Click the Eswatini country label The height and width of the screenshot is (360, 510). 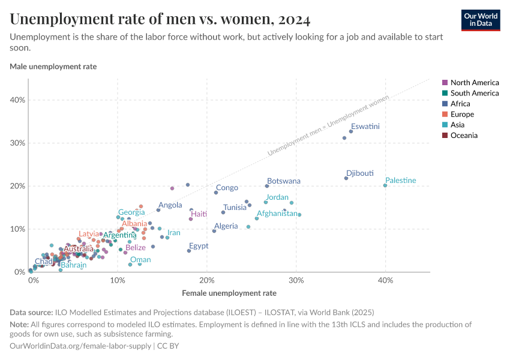(x=365, y=127)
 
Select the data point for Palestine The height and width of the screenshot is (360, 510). (x=385, y=185)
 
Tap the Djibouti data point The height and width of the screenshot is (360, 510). (x=346, y=178)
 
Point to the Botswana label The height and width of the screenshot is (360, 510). (x=284, y=181)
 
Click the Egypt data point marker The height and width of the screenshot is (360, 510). (x=189, y=251)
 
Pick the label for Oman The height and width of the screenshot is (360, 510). (x=140, y=260)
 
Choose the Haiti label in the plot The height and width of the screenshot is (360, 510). (x=199, y=214)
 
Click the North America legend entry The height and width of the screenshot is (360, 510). (x=474, y=82)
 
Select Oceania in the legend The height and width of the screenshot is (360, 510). (x=464, y=136)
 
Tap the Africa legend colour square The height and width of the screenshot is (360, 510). (x=445, y=104)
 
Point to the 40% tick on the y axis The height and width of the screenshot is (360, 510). (x=17, y=100)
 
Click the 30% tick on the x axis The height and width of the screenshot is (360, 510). (x=295, y=281)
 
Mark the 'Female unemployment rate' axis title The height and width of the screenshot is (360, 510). (x=229, y=293)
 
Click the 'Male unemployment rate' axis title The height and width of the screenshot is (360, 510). (x=53, y=67)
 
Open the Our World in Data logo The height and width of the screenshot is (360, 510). (x=481, y=20)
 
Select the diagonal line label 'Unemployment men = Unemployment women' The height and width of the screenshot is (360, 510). (x=327, y=125)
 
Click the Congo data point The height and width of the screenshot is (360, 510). (x=216, y=193)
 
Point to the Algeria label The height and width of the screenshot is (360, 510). (x=226, y=226)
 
